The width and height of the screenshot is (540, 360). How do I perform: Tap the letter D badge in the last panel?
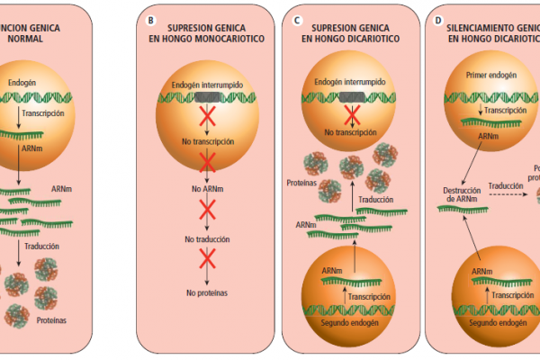tap(438, 18)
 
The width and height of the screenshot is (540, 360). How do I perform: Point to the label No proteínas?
tap(208, 292)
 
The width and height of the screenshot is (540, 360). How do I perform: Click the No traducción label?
tap(208, 240)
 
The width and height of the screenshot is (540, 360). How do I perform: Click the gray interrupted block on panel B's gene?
tap(208, 97)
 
